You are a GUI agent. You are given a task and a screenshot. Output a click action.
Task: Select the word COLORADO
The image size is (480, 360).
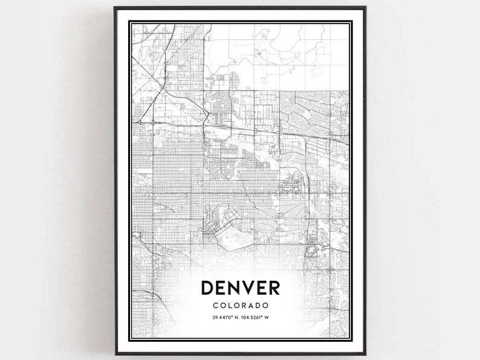point(240,306)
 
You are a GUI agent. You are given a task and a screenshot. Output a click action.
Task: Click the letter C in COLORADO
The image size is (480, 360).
point(215,306)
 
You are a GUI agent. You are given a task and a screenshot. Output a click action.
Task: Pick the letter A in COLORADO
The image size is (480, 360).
point(251,306)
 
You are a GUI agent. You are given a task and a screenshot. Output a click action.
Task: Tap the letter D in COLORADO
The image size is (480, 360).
point(258,306)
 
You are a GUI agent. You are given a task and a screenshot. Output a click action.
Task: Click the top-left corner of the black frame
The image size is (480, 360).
point(115,8)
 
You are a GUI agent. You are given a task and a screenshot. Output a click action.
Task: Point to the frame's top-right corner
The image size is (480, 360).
point(365,8)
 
